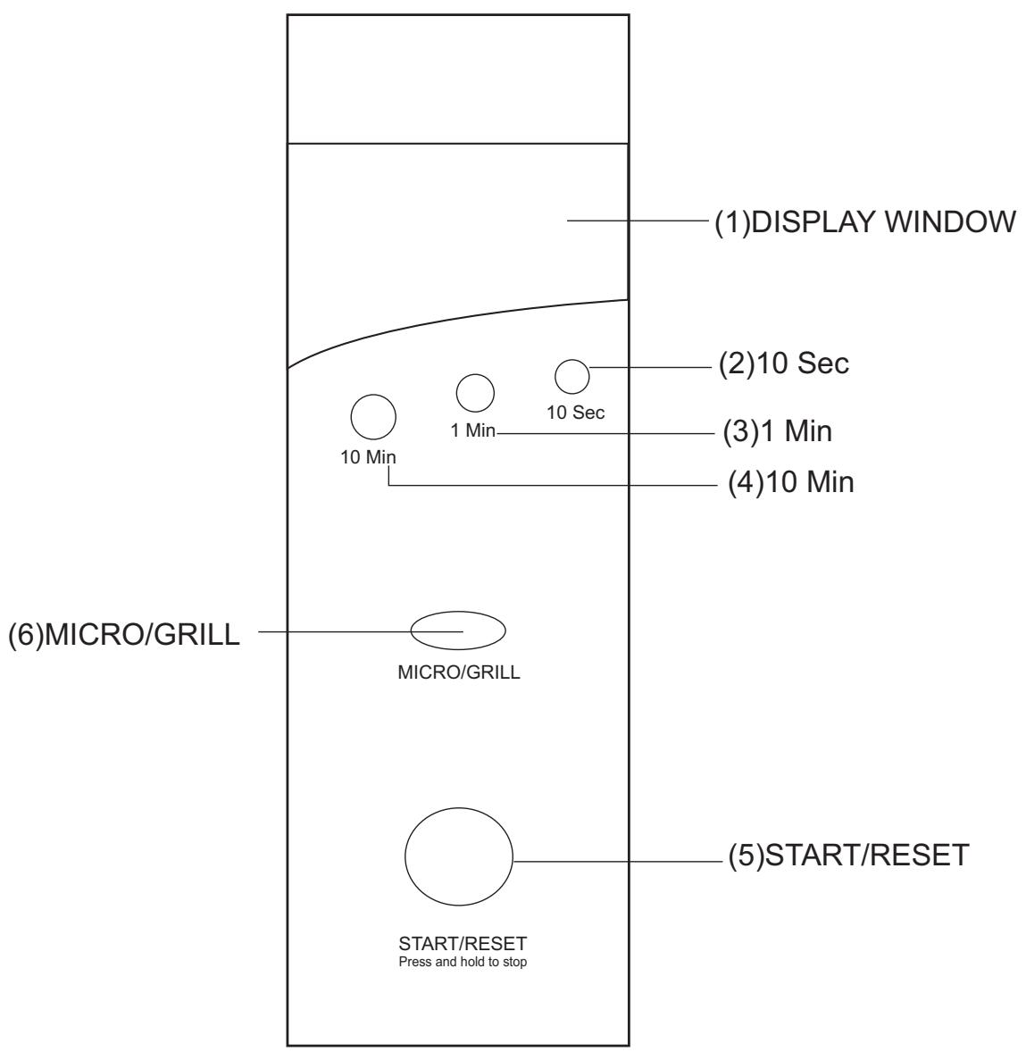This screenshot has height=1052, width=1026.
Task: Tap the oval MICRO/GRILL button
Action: tap(458, 630)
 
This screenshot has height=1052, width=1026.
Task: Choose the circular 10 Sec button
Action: tap(571, 376)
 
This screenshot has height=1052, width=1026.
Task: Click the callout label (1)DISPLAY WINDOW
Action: tap(865, 221)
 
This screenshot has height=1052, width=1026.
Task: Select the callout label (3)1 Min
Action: tap(777, 432)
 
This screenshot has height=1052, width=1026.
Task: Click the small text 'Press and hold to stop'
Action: tap(463, 964)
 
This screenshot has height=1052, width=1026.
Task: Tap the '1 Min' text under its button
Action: tap(473, 431)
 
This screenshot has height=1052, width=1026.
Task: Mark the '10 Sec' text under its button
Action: tap(575, 413)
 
